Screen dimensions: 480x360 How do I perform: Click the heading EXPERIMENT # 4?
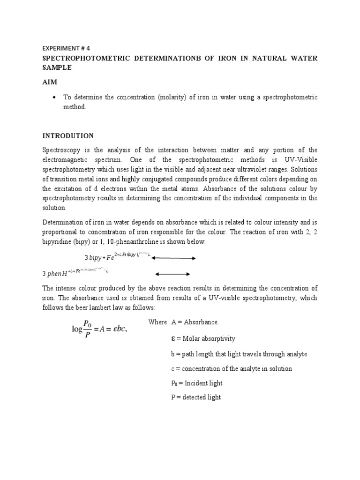click(66, 48)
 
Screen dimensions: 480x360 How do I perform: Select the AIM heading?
click(50, 82)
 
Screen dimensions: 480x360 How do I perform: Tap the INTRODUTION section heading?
click(68, 136)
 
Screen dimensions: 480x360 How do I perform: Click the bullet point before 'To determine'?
click(55, 97)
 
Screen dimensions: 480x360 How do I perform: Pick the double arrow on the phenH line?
click(172, 274)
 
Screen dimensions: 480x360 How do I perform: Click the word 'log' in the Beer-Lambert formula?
click(76, 329)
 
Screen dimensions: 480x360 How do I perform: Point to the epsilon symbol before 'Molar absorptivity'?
click(174, 338)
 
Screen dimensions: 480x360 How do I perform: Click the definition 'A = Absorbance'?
click(195, 322)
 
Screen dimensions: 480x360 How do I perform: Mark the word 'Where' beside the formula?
click(157, 322)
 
